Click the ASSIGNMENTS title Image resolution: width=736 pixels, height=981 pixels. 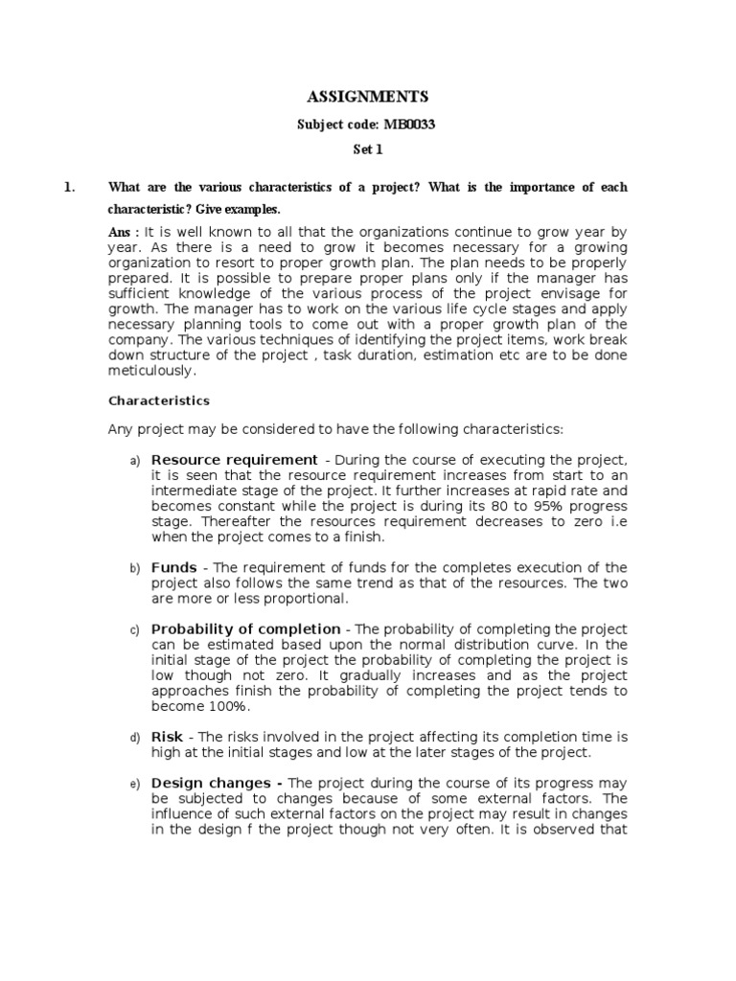click(367, 97)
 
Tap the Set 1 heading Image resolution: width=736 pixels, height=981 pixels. click(367, 151)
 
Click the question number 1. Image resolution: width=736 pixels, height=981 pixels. click(69, 187)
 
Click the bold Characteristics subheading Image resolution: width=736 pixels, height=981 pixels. click(159, 400)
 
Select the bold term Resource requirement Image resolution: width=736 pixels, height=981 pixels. click(234, 459)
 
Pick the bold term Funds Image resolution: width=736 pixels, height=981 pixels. click(173, 567)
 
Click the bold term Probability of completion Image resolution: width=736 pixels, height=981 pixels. click(245, 628)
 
